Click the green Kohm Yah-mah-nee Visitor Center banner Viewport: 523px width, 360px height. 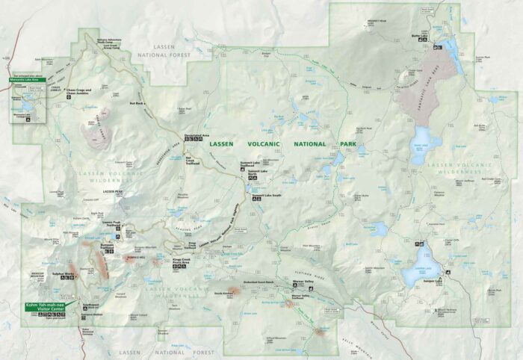[x=46, y=307]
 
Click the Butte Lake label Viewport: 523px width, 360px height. [x=440, y=35]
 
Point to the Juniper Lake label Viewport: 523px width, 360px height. [x=434, y=282]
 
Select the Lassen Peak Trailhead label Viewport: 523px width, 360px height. [x=111, y=223]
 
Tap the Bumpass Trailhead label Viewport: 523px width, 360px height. [x=111, y=245]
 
